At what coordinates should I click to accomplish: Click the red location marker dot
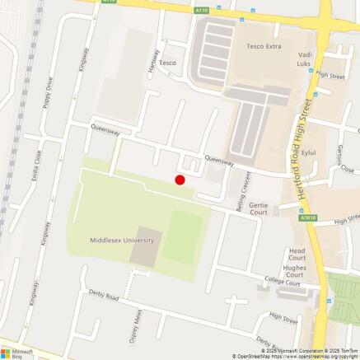180,180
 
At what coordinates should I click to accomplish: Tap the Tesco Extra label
264,46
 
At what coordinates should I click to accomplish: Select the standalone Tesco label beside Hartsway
168,62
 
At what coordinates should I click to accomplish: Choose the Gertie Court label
259,208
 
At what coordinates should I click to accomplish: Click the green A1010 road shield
308,218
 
